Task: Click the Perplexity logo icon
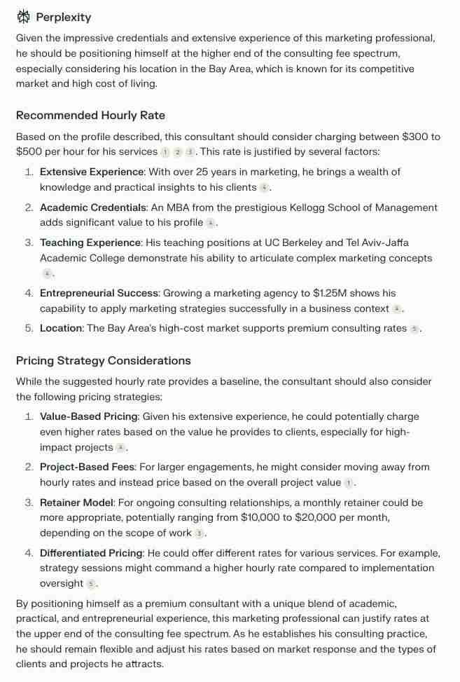pyautogui.click(x=24, y=17)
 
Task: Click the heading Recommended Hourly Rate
pyautogui.click(x=90, y=116)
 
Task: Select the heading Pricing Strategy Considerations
pyautogui.click(x=103, y=361)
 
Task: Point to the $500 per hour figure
pyautogui.click(x=32, y=151)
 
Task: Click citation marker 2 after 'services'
pyautogui.click(x=178, y=152)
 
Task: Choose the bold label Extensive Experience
pyautogui.click(x=92, y=172)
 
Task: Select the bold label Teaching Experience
pyautogui.click(x=90, y=243)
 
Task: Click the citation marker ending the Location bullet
pyautogui.click(x=414, y=329)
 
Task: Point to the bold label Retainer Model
pyautogui.click(x=77, y=503)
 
